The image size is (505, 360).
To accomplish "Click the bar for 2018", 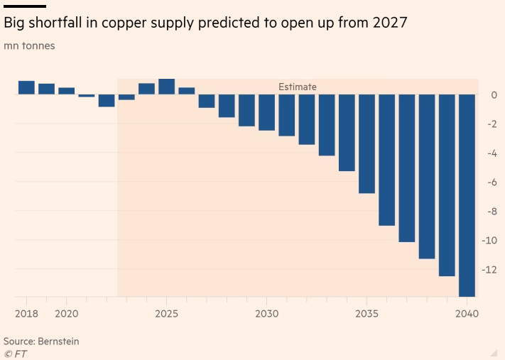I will (26, 87).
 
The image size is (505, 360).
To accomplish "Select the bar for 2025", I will (166, 87).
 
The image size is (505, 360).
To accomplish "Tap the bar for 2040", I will (467, 195).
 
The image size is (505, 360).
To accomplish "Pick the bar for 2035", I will (366, 143).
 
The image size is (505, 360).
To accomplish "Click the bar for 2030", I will (266, 112).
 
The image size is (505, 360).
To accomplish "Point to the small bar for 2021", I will (86, 95).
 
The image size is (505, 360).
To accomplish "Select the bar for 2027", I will (207, 101).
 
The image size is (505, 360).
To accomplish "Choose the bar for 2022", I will (107, 100).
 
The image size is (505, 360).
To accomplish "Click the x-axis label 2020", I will (66, 313).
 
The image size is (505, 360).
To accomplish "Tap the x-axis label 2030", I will (266, 313).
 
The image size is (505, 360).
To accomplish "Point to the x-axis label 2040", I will (467, 313).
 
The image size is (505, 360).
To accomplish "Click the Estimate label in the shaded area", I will (297, 87).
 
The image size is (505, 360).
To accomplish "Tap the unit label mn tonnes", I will (29, 46).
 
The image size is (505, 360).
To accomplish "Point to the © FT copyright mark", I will (15, 354).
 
